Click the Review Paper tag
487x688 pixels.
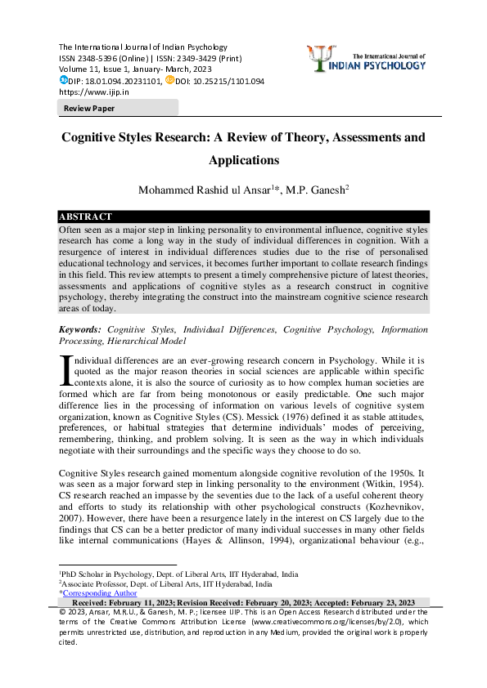[90, 108]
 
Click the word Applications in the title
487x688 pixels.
[244, 160]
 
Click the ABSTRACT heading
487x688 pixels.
[85, 217]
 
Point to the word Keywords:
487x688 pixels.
[81, 328]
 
